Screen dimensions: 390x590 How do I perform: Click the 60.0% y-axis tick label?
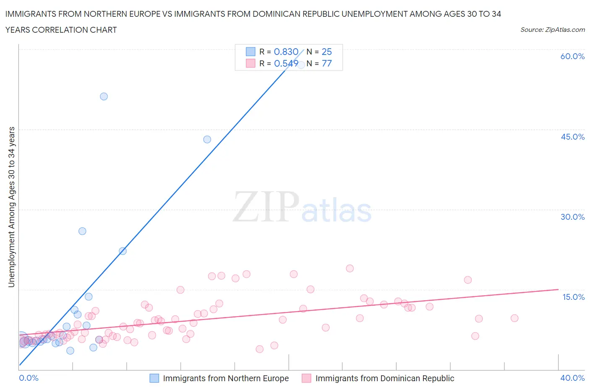(x=572, y=56)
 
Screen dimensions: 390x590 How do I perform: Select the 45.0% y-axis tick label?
(x=572, y=137)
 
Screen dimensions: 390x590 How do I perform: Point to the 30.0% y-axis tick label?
(x=572, y=217)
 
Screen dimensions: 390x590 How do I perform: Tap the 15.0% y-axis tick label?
(x=573, y=297)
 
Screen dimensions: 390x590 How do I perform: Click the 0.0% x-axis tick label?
(x=29, y=378)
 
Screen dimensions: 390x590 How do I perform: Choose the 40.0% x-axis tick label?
(x=572, y=378)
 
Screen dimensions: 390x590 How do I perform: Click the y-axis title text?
(x=11, y=207)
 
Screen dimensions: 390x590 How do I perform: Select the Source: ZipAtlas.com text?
(x=552, y=30)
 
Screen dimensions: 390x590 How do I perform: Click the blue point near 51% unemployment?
(x=104, y=96)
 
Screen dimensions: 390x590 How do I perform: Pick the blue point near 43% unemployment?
(x=207, y=139)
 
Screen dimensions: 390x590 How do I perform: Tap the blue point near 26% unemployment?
(x=82, y=231)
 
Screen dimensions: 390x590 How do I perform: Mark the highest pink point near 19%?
(x=350, y=268)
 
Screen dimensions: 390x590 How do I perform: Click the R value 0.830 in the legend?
(x=286, y=52)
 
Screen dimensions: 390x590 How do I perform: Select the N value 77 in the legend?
(x=326, y=63)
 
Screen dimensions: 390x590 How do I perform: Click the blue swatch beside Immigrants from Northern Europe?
(x=154, y=378)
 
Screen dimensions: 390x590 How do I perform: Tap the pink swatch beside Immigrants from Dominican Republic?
(x=306, y=378)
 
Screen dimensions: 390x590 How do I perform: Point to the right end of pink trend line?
(x=558, y=289)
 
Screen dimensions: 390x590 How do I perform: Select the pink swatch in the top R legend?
(x=251, y=63)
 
